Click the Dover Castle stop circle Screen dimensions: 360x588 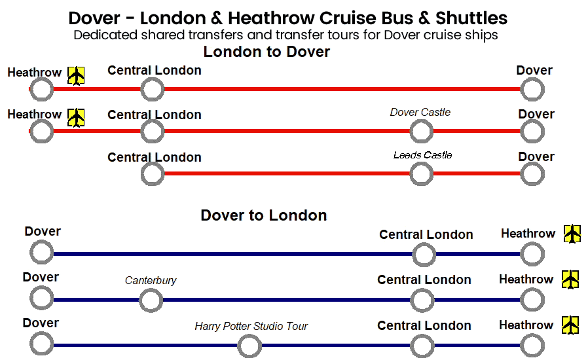click(x=422, y=132)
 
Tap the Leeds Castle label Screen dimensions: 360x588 click(x=422, y=155)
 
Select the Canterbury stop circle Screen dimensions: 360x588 click(x=151, y=300)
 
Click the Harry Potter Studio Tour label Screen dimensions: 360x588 click(x=251, y=326)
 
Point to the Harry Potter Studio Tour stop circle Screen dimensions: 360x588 click(x=249, y=346)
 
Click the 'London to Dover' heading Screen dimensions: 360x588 click(x=266, y=52)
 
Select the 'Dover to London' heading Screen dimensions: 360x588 click(x=264, y=215)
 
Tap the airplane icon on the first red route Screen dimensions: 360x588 click(x=77, y=76)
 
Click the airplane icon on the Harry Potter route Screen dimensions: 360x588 click(x=571, y=325)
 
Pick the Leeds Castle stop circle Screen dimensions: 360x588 click(x=422, y=174)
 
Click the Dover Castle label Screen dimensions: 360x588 click(x=420, y=112)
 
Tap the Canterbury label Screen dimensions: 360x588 click(x=151, y=281)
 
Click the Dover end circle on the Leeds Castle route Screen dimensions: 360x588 click(x=532, y=174)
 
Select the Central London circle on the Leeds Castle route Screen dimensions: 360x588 click(x=153, y=174)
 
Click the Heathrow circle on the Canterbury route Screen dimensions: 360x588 click(x=532, y=300)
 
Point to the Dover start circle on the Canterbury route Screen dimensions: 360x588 click(x=42, y=298)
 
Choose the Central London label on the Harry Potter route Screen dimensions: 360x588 click(x=424, y=325)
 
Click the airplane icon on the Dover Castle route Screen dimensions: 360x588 click(x=77, y=118)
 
